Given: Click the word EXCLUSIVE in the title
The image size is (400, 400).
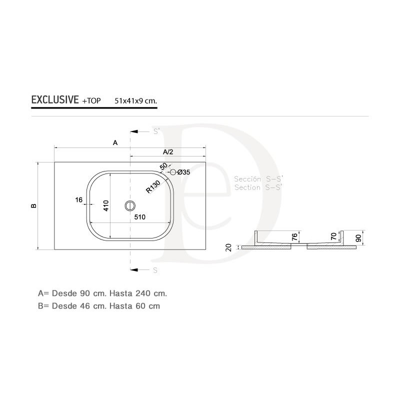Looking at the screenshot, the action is coord(55,99).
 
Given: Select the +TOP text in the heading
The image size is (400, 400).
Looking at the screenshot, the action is coord(91,101).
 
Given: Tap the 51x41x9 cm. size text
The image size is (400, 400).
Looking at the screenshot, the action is coord(135,101).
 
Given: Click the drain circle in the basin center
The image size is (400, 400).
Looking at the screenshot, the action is coord(130,205).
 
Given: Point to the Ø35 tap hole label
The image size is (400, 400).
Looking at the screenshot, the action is coord(183,172).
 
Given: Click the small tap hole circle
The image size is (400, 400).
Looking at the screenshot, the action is coord(173,172).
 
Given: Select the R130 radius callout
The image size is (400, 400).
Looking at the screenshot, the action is coord(153,186).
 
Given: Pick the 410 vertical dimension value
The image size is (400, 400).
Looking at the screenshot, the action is coord(106,205).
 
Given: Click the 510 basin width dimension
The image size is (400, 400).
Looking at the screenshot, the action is coord(140,217).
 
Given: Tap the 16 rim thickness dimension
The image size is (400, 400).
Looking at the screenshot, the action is coord(79,199).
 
